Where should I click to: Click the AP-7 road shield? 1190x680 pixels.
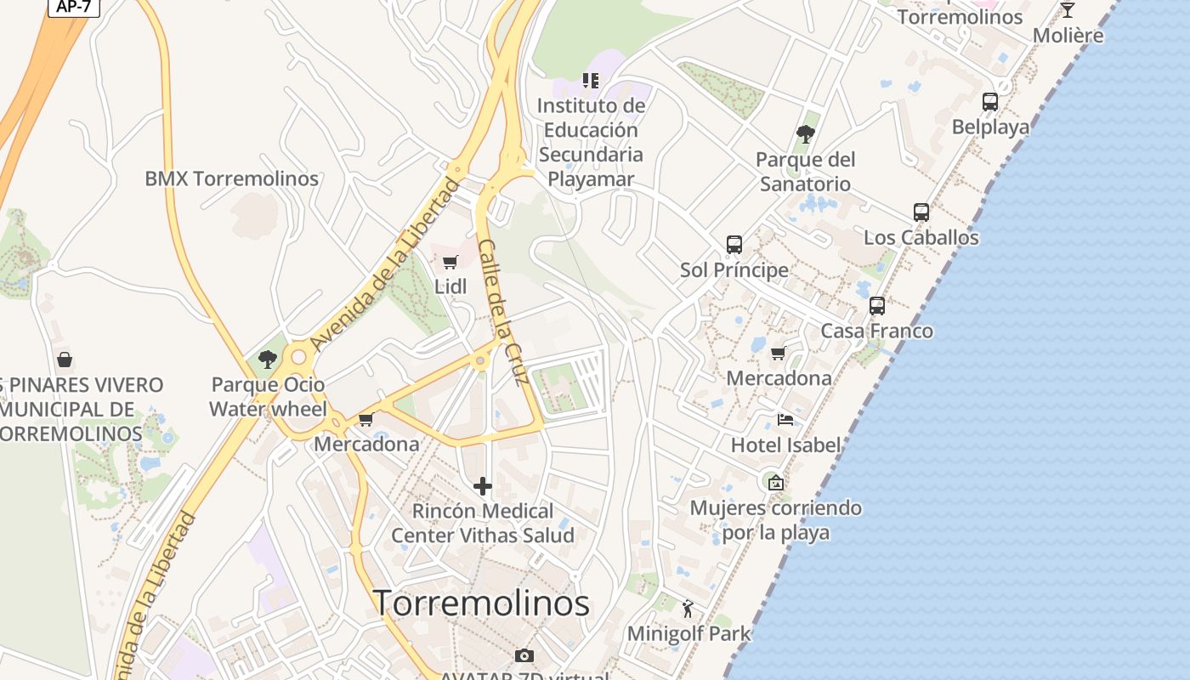point(74,7)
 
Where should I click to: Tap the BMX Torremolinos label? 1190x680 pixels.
point(231,178)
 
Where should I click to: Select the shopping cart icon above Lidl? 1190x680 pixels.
point(450,262)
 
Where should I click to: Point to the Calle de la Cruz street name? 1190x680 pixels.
point(504,313)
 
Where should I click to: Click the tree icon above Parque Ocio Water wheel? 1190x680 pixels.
point(268,360)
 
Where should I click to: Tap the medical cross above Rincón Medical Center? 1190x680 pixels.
point(483,486)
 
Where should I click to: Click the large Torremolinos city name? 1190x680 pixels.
point(481,603)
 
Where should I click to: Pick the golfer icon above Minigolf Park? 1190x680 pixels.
point(688,609)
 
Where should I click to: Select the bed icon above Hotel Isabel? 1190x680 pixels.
point(785,420)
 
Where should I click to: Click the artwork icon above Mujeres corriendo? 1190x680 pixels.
point(775,483)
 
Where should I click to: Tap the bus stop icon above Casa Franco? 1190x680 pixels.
point(877,306)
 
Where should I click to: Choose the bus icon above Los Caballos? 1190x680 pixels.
point(921,212)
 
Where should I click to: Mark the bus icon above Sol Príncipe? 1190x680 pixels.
point(734,245)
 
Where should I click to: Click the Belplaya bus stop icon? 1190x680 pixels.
point(990,102)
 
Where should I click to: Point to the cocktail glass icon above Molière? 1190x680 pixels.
point(1068,10)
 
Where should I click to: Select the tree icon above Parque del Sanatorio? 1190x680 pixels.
point(805,134)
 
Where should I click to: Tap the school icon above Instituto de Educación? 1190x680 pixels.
point(591,81)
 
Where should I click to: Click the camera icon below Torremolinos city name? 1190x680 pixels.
point(524,655)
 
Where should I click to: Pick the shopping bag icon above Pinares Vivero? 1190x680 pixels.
point(64,360)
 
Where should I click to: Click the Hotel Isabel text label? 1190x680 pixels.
point(785,445)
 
